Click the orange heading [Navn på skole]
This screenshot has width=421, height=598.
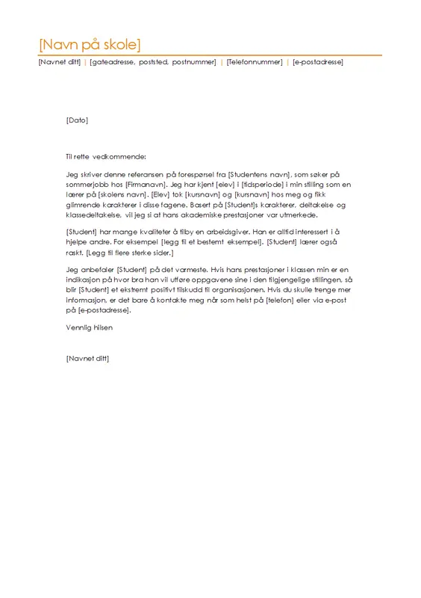click(89, 43)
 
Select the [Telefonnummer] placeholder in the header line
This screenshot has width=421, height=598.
click(255, 62)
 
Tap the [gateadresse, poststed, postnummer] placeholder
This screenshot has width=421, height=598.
click(152, 62)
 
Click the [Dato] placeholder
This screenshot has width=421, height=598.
click(77, 120)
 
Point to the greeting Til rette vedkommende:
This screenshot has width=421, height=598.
click(106, 156)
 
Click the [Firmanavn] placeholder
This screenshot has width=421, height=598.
click(142, 183)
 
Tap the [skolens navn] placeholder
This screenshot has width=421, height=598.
click(119, 194)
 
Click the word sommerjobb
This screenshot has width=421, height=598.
click(87, 183)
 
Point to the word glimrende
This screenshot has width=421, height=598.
click(84, 204)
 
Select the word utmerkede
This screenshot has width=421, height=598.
click(304, 214)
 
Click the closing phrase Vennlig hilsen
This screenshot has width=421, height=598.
click(89, 327)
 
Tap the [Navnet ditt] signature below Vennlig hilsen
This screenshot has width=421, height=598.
click(87, 359)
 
